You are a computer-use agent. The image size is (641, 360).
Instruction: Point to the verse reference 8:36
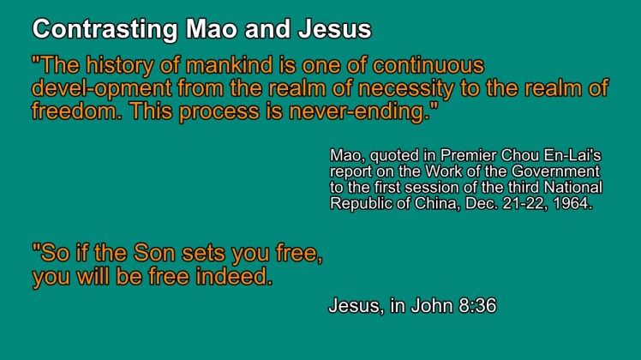click(x=477, y=306)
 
